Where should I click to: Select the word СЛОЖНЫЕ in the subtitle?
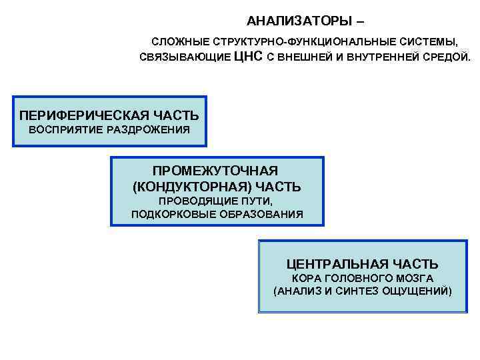[x=176, y=42]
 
